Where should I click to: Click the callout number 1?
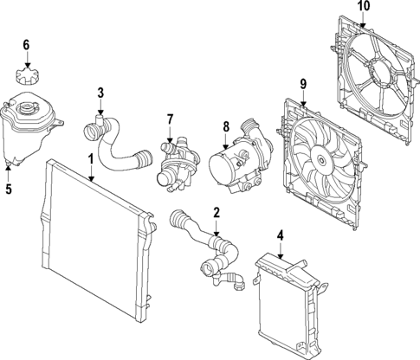pyautogui.click(x=91, y=159)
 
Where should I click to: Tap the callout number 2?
pyautogui.click(x=216, y=212)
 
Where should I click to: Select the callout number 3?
pyautogui.click(x=100, y=93)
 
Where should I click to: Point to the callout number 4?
pyautogui.click(x=280, y=235)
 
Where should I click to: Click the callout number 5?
pyautogui.click(x=9, y=190)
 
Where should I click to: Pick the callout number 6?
pyautogui.click(x=26, y=45)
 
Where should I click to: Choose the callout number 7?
pyautogui.click(x=170, y=119)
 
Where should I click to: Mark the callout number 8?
pyautogui.click(x=226, y=127)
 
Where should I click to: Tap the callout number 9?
pyautogui.click(x=303, y=84)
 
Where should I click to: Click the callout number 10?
pyautogui.click(x=364, y=6)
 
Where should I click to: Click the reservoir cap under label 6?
pyautogui.click(x=27, y=76)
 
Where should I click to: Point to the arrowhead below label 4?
pyautogui.click(x=281, y=255)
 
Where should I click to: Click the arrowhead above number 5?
pyautogui.click(x=9, y=167)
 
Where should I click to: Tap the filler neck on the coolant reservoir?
pyautogui.click(x=25, y=110)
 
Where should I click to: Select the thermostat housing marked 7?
pyautogui.click(x=178, y=164)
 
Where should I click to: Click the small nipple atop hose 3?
pyautogui.click(x=100, y=119)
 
